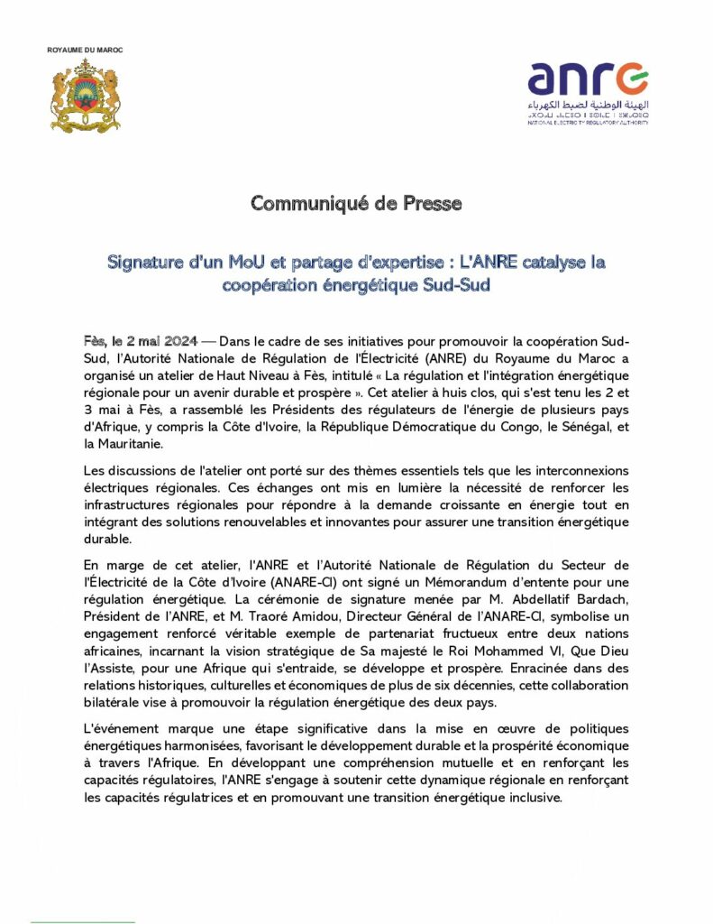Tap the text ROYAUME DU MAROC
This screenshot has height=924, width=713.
pyautogui.click(x=85, y=50)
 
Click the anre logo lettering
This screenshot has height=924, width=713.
pyautogui.click(x=587, y=80)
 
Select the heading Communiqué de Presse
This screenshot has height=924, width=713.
pyautogui.click(x=356, y=204)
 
